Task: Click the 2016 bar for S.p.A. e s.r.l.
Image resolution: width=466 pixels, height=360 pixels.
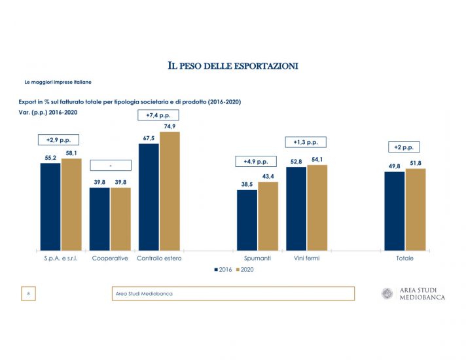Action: (x=50, y=206)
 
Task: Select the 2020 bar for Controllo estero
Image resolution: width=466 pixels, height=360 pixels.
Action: (x=169, y=191)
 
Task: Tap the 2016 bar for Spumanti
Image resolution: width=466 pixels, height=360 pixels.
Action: (x=247, y=220)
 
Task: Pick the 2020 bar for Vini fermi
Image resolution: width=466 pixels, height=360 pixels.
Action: (x=317, y=207)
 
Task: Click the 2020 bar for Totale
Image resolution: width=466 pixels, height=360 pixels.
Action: (x=416, y=209)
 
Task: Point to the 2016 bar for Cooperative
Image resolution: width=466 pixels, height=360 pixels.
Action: (x=99, y=219)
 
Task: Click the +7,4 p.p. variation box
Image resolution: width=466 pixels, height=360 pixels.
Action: (x=158, y=115)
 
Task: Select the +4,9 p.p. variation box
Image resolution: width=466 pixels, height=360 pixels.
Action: (x=256, y=161)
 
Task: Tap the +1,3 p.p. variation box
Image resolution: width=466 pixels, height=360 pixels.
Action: (x=306, y=142)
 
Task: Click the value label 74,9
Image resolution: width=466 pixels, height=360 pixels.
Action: (x=169, y=126)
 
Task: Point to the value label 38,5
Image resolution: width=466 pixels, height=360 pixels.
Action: (x=247, y=185)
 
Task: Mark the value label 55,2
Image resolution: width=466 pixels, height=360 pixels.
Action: (x=50, y=158)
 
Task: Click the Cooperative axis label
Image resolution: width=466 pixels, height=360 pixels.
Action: (x=109, y=259)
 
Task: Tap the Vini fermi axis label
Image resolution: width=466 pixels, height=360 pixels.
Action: (x=306, y=259)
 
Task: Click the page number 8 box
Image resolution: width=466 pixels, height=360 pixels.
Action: (x=29, y=294)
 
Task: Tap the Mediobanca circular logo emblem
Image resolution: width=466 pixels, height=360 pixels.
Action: (x=387, y=294)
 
